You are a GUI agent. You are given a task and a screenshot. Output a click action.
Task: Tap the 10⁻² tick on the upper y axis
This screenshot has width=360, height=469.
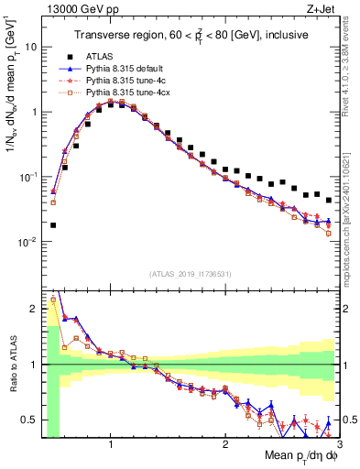(x=29, y=243)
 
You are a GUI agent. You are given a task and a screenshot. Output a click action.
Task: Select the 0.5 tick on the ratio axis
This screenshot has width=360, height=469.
(x=28, y=420)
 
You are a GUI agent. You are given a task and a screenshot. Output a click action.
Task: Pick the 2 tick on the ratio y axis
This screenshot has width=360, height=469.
(x=33, y=309)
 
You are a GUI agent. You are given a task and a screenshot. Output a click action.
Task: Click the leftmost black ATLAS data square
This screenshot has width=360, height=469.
(x=53, y=224)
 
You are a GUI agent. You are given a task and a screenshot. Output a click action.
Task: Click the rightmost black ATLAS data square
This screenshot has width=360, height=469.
(x=329, y=200)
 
